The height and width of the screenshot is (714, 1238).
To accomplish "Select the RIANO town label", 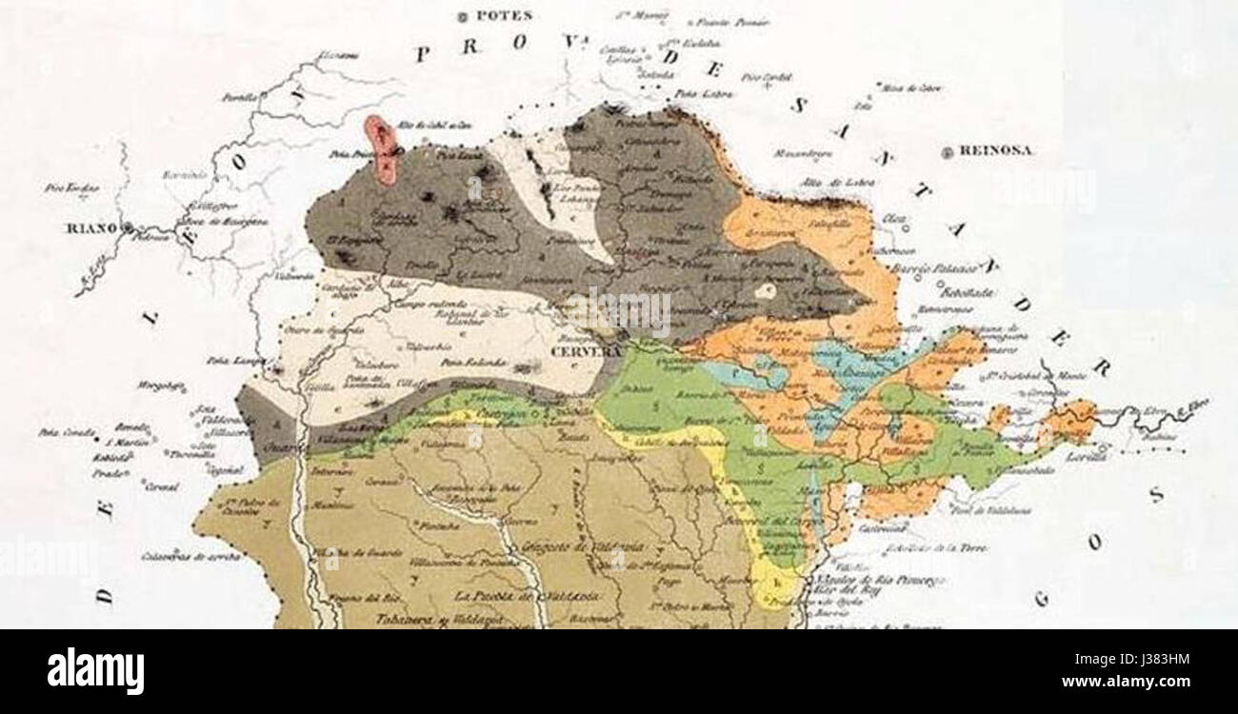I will (90, 228).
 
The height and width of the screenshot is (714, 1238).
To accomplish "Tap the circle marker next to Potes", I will (464, 15).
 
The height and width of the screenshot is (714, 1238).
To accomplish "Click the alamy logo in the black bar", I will (95, 671).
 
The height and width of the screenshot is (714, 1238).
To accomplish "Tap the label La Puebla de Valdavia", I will (527, 596).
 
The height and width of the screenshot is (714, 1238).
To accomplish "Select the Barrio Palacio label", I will (929, 268).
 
